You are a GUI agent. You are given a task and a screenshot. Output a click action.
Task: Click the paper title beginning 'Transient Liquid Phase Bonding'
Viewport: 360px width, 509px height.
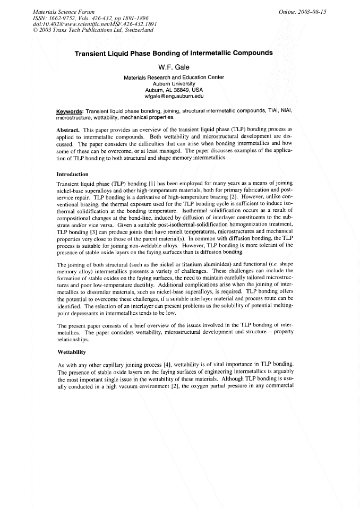[x=174, y=53]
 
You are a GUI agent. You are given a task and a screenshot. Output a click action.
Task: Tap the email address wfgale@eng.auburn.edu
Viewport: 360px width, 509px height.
[x=174, y=97]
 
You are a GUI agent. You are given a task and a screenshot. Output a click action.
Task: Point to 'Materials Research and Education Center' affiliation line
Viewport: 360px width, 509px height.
[x=174, y=77]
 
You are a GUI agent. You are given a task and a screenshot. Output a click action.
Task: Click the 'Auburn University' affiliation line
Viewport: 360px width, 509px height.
[x=174, y=84]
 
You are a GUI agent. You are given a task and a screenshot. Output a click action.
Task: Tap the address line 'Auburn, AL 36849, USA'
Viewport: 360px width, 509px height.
[x=174, y=90]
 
